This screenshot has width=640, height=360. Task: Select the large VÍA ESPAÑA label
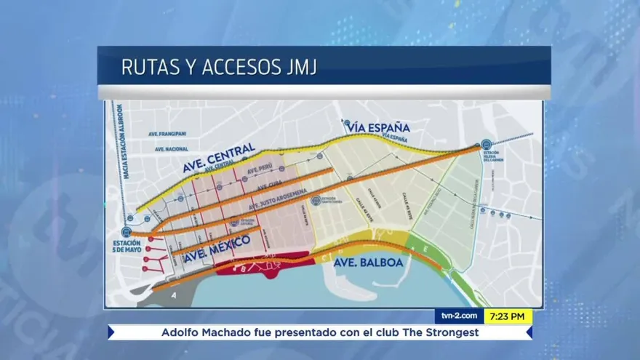tap(379, 128)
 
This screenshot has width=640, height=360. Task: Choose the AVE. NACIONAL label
tap(172, 149)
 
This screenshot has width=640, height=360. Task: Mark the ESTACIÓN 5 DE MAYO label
tap(127, 247)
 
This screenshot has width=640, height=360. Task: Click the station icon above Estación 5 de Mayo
tap(126, 232)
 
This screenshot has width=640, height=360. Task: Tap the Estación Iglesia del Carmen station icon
tap(486, 144)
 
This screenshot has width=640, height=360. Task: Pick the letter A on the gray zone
tap(175, 295)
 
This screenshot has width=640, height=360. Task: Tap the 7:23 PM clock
tap(507, 316)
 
